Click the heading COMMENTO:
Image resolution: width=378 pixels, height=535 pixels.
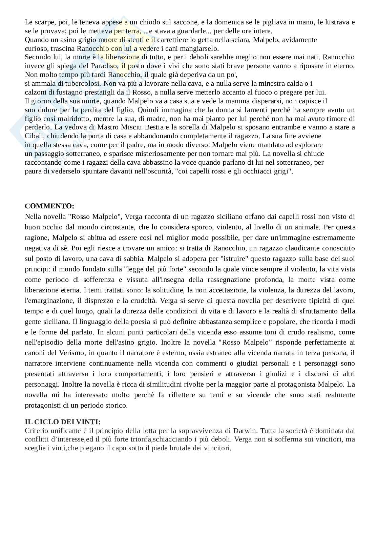(x=49, y=206)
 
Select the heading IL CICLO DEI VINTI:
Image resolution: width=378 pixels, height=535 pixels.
(x=63, y=422)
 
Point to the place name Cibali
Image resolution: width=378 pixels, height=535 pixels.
(x=33, y=136)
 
